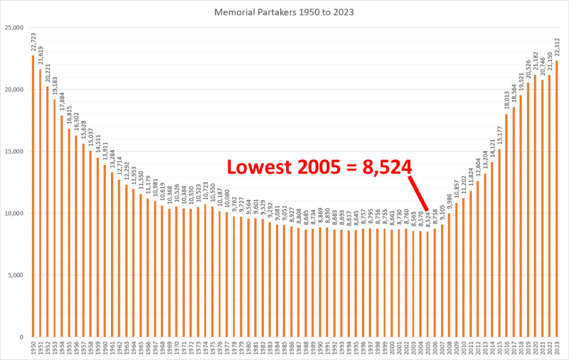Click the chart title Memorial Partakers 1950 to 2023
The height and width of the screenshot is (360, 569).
pyautogui.click(x=284, y=11)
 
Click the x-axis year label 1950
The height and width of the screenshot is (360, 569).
pyautogui.click(x=33, y=349)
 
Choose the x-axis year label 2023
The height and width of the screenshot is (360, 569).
pyautogui.click(x=556, y=349)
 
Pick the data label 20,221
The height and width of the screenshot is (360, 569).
pyautogui.click(x=48, y=73)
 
